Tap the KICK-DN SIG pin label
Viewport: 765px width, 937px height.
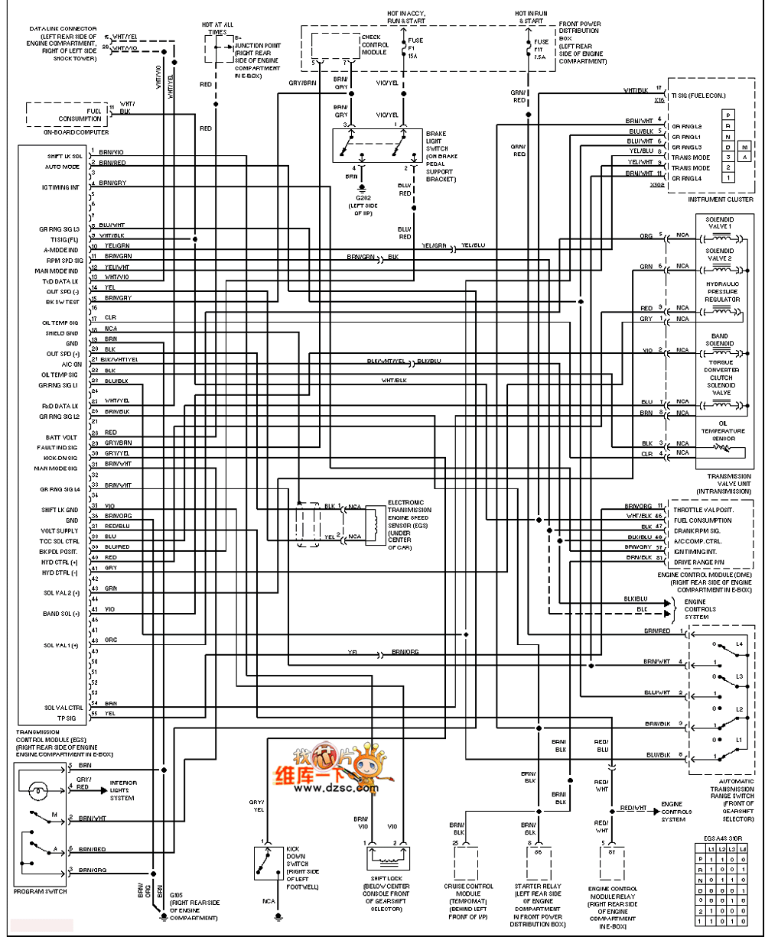point(60,457)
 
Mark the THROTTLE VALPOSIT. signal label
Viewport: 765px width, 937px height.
point(702,509)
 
